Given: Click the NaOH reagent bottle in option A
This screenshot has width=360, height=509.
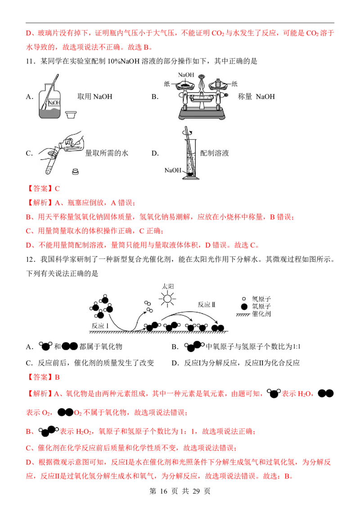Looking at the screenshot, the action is (49, 101).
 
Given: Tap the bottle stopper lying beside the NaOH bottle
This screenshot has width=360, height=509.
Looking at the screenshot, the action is (71, 115).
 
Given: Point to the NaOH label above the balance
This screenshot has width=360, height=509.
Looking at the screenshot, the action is (186, 75).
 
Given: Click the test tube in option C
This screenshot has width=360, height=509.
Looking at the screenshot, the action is (50, 163).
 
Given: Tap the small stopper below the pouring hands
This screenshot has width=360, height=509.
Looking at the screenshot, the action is (76, 171).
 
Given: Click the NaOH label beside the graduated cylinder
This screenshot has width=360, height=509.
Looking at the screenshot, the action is (172, 170).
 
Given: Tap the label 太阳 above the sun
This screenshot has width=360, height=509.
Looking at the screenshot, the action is (168, 286).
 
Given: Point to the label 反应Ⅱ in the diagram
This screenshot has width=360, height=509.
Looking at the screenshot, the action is (207, 304).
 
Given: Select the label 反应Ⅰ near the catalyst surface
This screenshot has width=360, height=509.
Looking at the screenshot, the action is (100, 326).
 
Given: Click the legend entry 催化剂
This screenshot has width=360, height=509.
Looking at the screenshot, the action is (261, 314).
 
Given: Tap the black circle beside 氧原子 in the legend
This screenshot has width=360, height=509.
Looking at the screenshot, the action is (244, 307).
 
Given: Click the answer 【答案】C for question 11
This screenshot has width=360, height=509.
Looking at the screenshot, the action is (43, 188).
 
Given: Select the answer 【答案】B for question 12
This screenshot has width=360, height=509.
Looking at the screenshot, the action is (43, 377).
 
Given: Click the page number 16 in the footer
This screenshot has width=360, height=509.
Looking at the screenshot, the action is (164, 491).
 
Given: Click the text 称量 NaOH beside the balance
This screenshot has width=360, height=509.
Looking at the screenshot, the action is (256, 96).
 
